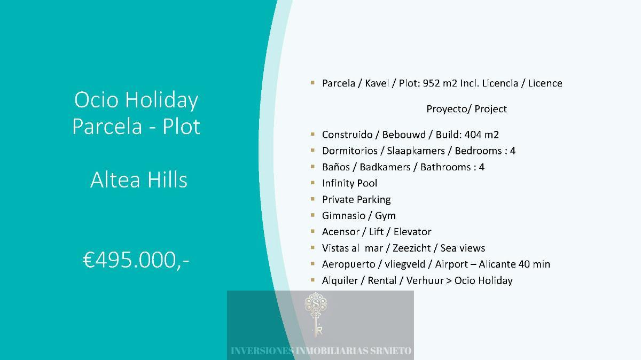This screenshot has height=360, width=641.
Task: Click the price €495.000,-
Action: coord(136,260)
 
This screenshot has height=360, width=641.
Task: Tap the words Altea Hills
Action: coord(139,179)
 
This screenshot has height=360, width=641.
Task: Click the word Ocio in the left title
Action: coord(96,100)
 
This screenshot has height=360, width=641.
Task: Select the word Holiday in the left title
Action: coord(162,100)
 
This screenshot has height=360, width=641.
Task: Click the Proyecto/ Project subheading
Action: coord(466,109)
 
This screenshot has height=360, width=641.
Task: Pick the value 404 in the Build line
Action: coord(473,135)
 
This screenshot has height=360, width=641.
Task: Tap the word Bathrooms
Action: coord(445,167)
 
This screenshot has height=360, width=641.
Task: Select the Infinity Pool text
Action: coord(349,183)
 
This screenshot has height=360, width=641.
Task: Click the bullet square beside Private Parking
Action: coord(312,199)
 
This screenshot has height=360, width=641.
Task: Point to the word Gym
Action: coord(385,216)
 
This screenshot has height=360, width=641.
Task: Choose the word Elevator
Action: coord(412,232)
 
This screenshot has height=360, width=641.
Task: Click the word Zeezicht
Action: coord(411,248)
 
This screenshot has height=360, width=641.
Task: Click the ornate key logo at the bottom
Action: coord(316,315)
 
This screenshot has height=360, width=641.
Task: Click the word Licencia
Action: coord(500,83)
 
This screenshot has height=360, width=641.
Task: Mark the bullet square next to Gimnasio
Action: coord(312,215)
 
